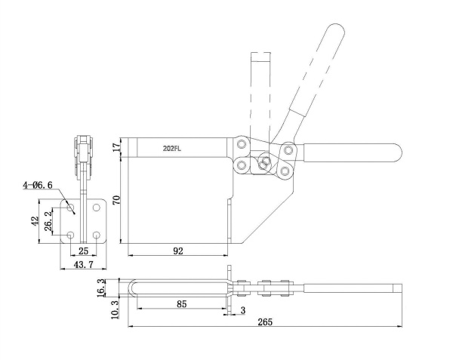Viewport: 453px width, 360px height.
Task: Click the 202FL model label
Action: point(172,149)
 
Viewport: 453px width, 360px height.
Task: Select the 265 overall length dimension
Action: point(265,322)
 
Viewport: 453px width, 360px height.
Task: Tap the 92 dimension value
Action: point(178,251)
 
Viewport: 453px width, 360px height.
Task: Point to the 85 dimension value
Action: point(181,303)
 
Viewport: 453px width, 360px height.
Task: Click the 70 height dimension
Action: point(116,200)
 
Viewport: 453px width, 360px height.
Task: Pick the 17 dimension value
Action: point(116,147)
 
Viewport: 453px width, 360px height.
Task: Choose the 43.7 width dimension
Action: point(84,264)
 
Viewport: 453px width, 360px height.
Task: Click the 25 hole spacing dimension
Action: point(83,251)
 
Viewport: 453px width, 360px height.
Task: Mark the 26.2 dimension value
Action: point(48,220)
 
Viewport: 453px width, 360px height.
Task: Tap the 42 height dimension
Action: point(35,221)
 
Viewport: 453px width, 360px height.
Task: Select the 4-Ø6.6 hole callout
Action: point(38,185)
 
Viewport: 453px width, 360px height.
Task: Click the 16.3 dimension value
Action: point(101,288)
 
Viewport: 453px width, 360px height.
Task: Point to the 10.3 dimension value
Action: point(115,309)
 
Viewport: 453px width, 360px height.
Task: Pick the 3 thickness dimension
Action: point(242,310)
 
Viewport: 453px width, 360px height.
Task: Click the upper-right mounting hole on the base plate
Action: point(96,208)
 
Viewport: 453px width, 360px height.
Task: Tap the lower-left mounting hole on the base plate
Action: point(70,235)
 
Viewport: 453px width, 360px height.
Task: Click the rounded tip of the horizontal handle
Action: point(398,152)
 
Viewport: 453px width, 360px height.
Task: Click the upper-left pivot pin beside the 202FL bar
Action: point(242,144)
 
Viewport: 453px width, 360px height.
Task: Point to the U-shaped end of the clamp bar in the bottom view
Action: point(132,288)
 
